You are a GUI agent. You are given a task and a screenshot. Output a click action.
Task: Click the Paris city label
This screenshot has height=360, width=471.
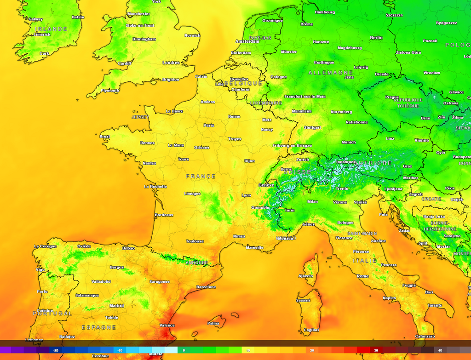(x=209, y=125)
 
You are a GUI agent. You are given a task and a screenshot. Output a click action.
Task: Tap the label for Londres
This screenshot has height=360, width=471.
(x=171, y=63)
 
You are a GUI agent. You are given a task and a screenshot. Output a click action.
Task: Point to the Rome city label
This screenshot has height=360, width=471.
(x=363, y=276)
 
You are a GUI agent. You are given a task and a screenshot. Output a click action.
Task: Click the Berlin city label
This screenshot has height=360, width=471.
(x=376, y=38)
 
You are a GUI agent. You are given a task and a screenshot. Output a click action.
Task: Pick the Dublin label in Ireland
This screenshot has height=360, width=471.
(x=78, y=17)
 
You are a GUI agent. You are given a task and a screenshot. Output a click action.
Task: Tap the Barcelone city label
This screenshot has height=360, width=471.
(x=206, y=287)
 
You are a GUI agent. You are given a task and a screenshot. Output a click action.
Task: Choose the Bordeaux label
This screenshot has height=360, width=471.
(x=164, y=215)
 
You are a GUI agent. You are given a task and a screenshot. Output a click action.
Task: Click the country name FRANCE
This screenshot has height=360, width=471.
(x=201, y=176)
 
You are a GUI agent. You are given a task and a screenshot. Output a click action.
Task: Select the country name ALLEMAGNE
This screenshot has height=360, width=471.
(x=330, y=73)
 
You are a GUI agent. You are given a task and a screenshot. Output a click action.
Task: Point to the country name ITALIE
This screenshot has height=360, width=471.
(x=365, y=261)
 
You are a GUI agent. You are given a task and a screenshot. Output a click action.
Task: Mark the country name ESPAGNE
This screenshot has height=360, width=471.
(x=99, y=327)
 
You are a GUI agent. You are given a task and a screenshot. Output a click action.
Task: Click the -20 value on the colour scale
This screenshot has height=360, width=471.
(x=56, y=350)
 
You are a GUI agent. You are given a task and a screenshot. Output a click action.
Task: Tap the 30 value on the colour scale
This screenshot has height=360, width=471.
(x=376, y=350)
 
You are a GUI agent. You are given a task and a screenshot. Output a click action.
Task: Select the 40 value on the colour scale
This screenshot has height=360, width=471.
(x=440, y=350)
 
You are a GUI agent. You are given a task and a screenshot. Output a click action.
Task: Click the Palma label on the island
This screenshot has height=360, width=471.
(x=213, y=323)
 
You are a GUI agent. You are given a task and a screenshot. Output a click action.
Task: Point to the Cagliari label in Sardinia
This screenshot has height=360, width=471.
(x=311, y=330)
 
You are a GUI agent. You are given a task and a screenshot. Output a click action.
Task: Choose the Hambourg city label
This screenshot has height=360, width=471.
(x=325, y=12)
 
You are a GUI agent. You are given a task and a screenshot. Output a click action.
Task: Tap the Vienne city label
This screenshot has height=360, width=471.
(x=421, y=140)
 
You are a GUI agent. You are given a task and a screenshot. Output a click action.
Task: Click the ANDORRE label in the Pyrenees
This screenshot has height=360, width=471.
(x=196, y=263)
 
